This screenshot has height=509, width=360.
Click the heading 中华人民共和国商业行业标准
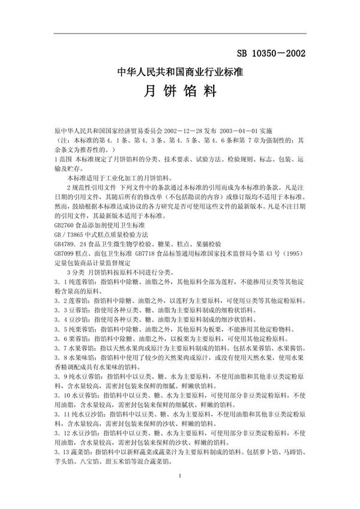tap(180, 73)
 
